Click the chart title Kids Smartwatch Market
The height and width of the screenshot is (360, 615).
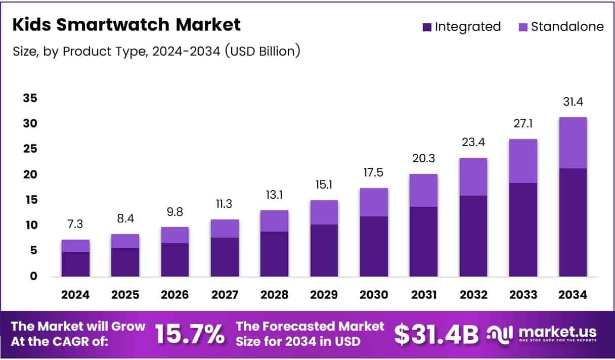tap(126, 25)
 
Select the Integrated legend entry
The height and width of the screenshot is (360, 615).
tap(461, 27)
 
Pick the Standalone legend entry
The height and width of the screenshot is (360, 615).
tap(561, 27)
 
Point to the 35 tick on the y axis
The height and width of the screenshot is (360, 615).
tap(30, 98)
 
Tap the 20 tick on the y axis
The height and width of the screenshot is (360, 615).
tap(30, 174)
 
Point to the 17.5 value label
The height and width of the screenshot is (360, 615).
tap(374, 172)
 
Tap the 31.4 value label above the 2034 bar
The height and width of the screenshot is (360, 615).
tap(573, 102)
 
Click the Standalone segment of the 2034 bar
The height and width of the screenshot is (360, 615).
tap(573, 143)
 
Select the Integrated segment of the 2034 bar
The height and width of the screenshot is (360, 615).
tap(573, 222)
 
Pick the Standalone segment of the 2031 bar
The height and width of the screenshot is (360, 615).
tap(423, 190)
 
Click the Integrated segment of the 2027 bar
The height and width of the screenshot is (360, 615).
tap(225, 257)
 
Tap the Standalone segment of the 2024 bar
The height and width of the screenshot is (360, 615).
tap(75, 245)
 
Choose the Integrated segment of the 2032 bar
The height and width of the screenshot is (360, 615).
tap(473, 236)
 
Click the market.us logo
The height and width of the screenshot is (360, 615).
tap(542, 334)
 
